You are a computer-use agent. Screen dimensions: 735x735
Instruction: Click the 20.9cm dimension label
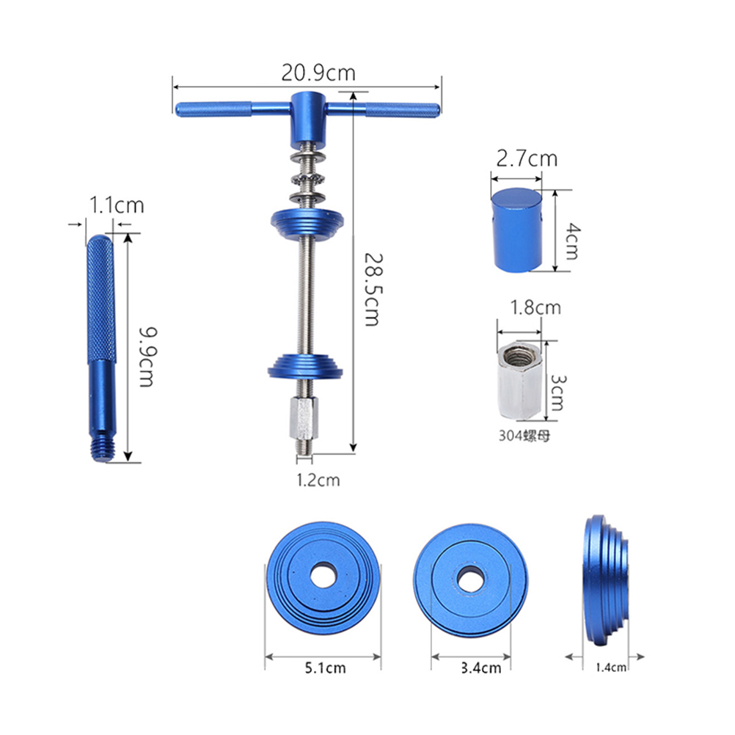318,73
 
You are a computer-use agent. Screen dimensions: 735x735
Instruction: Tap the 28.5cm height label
374,290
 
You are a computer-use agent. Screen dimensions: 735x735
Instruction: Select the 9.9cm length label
148,357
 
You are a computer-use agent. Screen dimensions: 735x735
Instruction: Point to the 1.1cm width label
117,205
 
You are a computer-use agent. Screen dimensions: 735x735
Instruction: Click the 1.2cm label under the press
318,480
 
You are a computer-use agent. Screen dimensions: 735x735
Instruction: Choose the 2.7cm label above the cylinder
527,159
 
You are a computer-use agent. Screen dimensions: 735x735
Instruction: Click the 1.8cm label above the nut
535,307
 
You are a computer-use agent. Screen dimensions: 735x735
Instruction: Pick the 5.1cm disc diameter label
325,668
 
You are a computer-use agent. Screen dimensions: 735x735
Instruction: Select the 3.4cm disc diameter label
481,668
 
